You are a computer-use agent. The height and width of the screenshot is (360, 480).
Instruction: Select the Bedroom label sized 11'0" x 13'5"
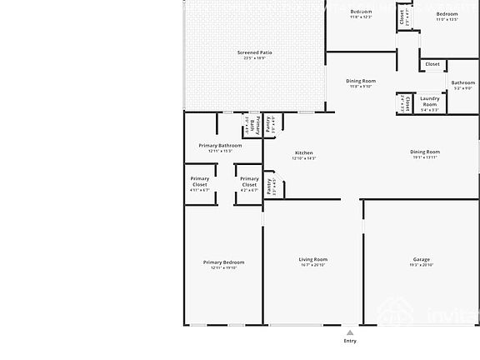point(447,14)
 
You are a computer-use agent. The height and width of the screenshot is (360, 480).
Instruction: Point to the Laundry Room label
point(429,102)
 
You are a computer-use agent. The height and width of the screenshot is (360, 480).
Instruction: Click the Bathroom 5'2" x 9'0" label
point(463,82)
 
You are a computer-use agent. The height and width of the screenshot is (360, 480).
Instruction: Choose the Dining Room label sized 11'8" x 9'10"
point(361,81)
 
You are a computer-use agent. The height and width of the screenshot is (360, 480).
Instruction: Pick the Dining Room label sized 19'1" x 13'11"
point(424,152)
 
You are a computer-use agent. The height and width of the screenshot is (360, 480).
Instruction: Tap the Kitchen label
point(303,153)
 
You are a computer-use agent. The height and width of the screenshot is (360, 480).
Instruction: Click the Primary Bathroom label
point(220,146)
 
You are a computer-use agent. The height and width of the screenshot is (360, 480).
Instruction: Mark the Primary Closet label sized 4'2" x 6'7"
point(249,181)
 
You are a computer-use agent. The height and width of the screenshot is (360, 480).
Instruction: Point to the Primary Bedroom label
point(223,262)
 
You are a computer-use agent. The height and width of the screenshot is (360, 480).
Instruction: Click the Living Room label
point(313,260)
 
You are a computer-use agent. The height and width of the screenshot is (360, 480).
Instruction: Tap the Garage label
point(421,260)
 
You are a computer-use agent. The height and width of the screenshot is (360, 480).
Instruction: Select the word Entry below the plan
point(350,340)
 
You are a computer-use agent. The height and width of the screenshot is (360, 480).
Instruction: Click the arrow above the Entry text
point(350,330)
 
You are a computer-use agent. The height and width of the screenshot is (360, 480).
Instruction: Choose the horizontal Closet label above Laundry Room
point(432,64)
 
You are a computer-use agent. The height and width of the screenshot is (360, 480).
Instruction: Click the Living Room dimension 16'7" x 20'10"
point(313,267)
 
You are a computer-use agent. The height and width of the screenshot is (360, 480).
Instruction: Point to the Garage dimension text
point(421,267)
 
